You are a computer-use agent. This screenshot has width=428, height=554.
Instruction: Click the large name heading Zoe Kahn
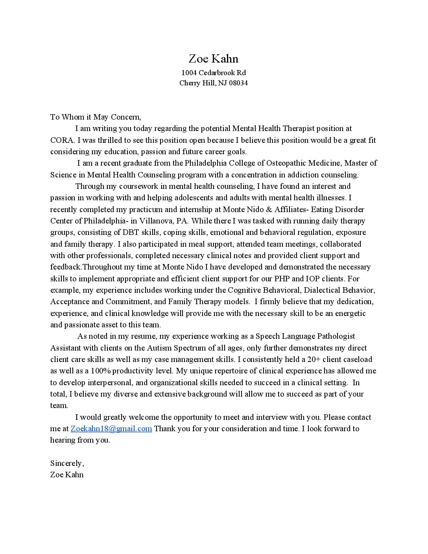tap(213, 59)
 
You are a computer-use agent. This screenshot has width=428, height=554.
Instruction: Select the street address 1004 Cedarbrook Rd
tap(213, 73)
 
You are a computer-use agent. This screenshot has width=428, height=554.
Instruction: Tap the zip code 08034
tap(238, 83)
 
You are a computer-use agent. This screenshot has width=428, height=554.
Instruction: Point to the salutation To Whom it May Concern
tap(95, 117)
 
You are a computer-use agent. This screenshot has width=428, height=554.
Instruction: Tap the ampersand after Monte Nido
tap(269, 209)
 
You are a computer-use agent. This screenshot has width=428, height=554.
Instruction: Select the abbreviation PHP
tap(282, 279)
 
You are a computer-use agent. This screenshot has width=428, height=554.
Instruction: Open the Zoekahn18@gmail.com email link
tap(111, 428)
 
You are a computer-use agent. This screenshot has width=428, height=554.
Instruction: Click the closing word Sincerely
tap(67, 463)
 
